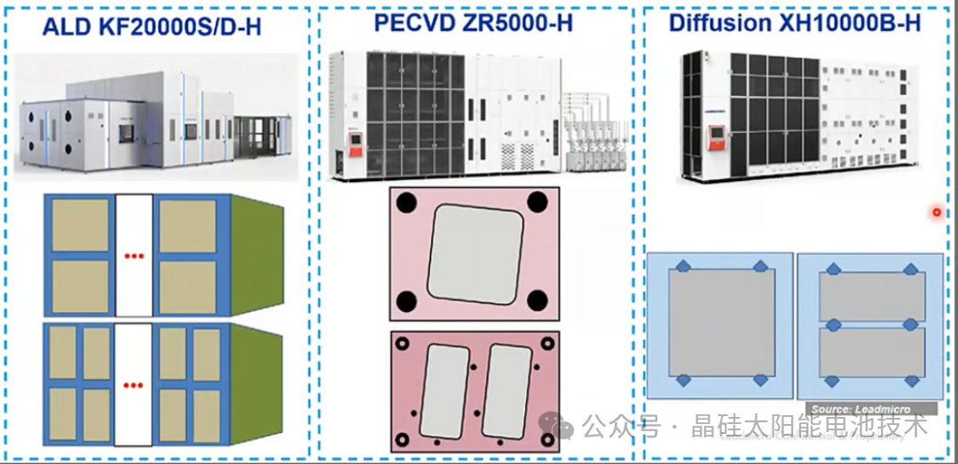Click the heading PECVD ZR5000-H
tap(473, 22)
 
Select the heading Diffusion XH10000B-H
tap(796, 22)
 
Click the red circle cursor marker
tap(936, 212)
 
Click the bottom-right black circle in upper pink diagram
tap(537, 301)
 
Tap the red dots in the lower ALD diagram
tap(134, 384)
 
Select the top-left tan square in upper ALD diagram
tap(81, 225)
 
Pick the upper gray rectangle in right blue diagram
tap(872, 296)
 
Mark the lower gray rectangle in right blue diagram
tap(872, 351)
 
